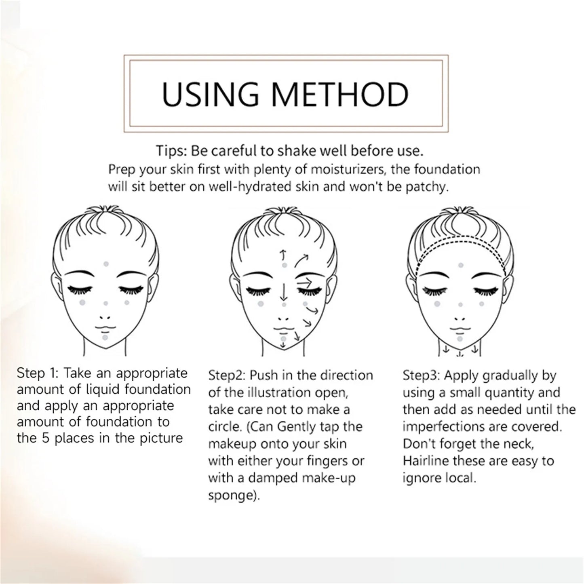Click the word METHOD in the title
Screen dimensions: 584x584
pyautogui.click(x=340, y=94)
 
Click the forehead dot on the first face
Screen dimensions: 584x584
pyautogui.click(x=106, y=264)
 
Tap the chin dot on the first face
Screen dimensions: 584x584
pyautogui.click(x=105, y=337)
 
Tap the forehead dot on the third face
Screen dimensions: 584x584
pyautogui.click(x=460, y=265)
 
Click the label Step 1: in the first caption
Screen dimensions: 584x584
pyautogui.click(x=38, y=373)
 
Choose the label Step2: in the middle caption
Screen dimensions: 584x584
pyautogui.click(x=227, y=375)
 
